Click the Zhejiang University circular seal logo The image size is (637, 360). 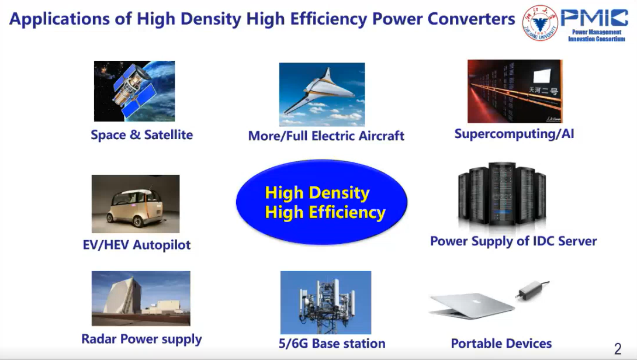click(540, 23)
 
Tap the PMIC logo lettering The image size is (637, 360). click(594, 18)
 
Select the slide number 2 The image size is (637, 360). click(618, 349)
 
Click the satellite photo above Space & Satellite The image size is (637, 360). click(134, 91)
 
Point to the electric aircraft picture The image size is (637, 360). click(322, 94)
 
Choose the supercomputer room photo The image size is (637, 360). click(515, 91)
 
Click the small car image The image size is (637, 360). click(136, 204)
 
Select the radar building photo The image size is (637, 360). click(141, 298)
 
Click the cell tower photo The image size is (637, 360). click(326, 303)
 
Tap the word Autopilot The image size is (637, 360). click(162, 245)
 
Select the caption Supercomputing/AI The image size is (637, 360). click(514, 134)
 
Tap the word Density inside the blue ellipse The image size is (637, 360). click(339, 193)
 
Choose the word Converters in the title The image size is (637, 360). click(471, 19)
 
